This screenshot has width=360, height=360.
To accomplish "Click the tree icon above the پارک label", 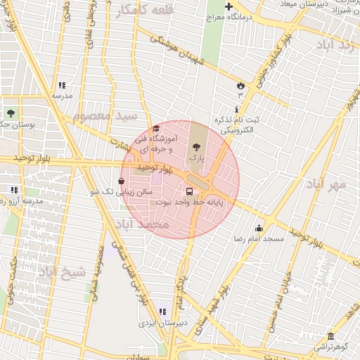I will [x=196, y=146].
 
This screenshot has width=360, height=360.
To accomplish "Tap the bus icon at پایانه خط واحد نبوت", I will [x=189, y=191].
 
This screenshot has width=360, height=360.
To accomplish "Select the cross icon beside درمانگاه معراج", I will [x=229, y=6].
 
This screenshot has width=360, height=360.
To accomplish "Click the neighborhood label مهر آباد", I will [x=327, y=184].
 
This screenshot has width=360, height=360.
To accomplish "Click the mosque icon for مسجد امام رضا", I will [x=259, y=228].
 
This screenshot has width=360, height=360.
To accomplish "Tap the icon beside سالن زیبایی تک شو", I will [x=121, y=181].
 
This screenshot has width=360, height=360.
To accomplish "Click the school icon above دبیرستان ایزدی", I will [x=163, y=311].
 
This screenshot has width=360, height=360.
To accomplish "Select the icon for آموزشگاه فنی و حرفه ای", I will [x=155, y=128].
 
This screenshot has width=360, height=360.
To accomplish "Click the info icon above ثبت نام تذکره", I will [x=236, y=109].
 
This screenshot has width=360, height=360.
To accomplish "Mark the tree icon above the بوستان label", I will [x=10, y=112].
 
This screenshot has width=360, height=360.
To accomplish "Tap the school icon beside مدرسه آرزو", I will [x=15, y=190].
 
